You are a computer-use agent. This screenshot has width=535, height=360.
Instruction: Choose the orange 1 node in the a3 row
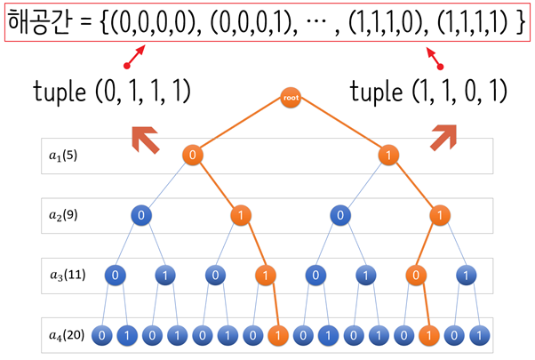264,275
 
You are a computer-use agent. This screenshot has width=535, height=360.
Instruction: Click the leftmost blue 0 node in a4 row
102,335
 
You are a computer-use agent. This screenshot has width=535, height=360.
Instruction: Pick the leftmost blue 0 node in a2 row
140,215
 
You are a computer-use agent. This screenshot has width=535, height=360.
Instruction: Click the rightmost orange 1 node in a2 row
437,215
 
